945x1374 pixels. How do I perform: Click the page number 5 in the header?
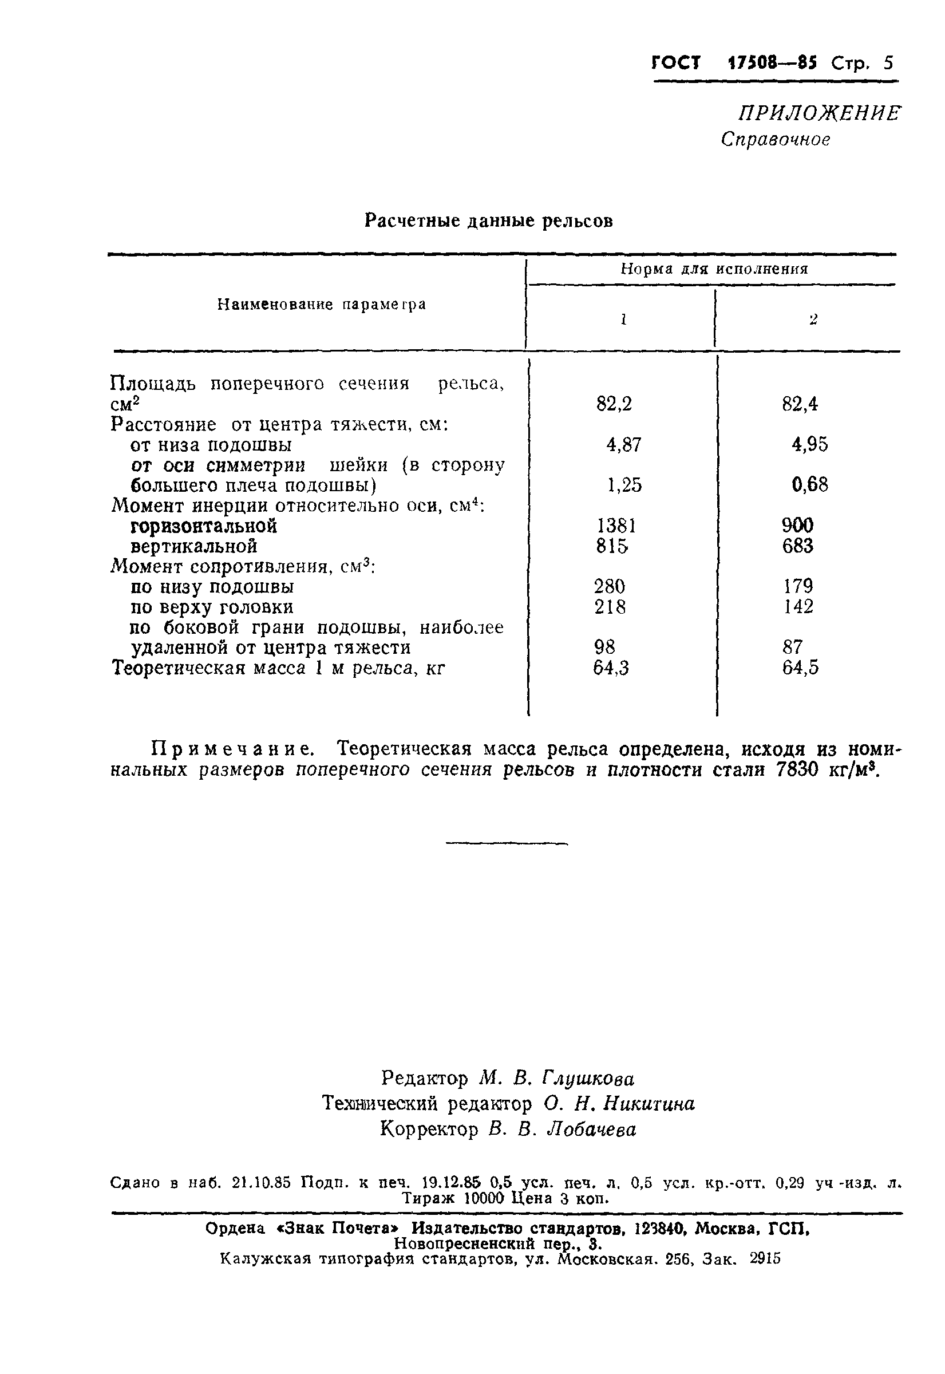tap(888, 63)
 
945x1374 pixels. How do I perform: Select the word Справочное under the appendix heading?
tap(775, 140)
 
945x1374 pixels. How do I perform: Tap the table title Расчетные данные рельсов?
tap(488, 221)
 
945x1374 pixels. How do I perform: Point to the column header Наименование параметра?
tap(321, 305)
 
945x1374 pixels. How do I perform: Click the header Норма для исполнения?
tap(714, 270)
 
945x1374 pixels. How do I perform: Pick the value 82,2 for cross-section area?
tap(614, 404)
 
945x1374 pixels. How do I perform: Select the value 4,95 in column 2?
tap(809, 444)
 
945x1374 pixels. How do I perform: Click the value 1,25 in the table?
tap(624, 485)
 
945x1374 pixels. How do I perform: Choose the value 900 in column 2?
tap(797, 526)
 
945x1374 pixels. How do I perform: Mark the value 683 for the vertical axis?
tap(797, 546)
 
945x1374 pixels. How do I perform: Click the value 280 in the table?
tap(609, 586)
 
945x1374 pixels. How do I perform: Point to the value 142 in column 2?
tap(797, 606)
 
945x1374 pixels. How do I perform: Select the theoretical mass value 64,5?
tap(801, 668)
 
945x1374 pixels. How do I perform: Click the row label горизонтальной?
tap(204, 526)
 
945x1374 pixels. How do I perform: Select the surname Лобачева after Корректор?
tap(591, 1130)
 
